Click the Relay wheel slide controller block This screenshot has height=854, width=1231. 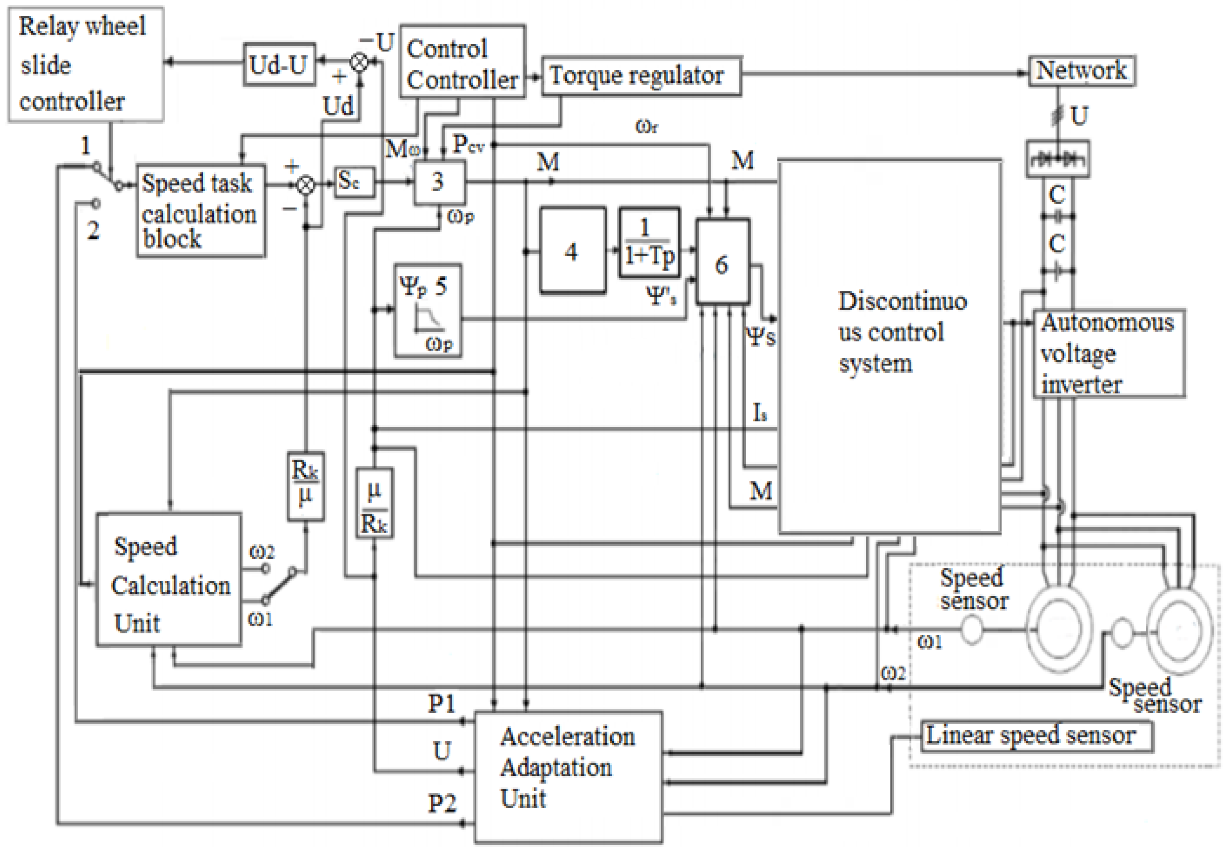[85, 64]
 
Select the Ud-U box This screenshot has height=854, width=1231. [279, 65]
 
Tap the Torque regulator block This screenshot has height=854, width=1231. [641, 76]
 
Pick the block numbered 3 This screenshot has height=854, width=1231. [439, 182]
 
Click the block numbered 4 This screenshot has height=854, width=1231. [572, 251]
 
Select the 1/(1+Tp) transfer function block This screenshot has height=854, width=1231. [649, 242]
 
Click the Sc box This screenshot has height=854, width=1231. [353, 182]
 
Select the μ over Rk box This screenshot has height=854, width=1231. [374, 503]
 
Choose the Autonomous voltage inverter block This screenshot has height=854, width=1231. [1108, 353]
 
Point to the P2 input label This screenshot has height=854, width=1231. [442, 804]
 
